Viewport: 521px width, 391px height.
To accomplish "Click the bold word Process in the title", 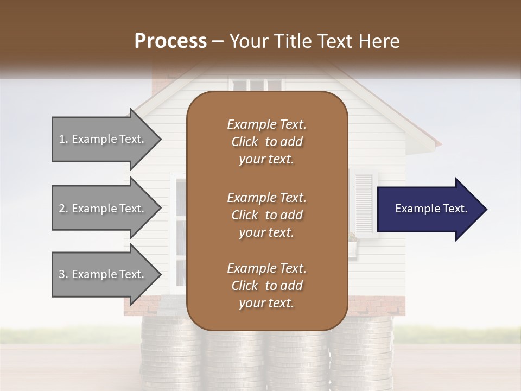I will pos(170,41).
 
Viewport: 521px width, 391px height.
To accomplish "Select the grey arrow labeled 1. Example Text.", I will pos(103,139).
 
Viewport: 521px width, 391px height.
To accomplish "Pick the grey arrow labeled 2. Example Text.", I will pos(103,209).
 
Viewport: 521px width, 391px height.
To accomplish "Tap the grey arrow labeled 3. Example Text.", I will pos(103,274).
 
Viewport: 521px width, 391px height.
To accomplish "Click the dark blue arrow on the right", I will pos(429,209).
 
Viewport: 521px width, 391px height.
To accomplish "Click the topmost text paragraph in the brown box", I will pos(266,142).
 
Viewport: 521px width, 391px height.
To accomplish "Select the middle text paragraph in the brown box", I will pos(266,215).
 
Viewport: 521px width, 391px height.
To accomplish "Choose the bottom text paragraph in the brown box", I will pos(266,286).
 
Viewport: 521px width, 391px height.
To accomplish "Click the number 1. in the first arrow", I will pos(63,139).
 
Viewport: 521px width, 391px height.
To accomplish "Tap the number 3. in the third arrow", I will pos(63,274).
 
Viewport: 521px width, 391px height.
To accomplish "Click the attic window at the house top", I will pos(256,85).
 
